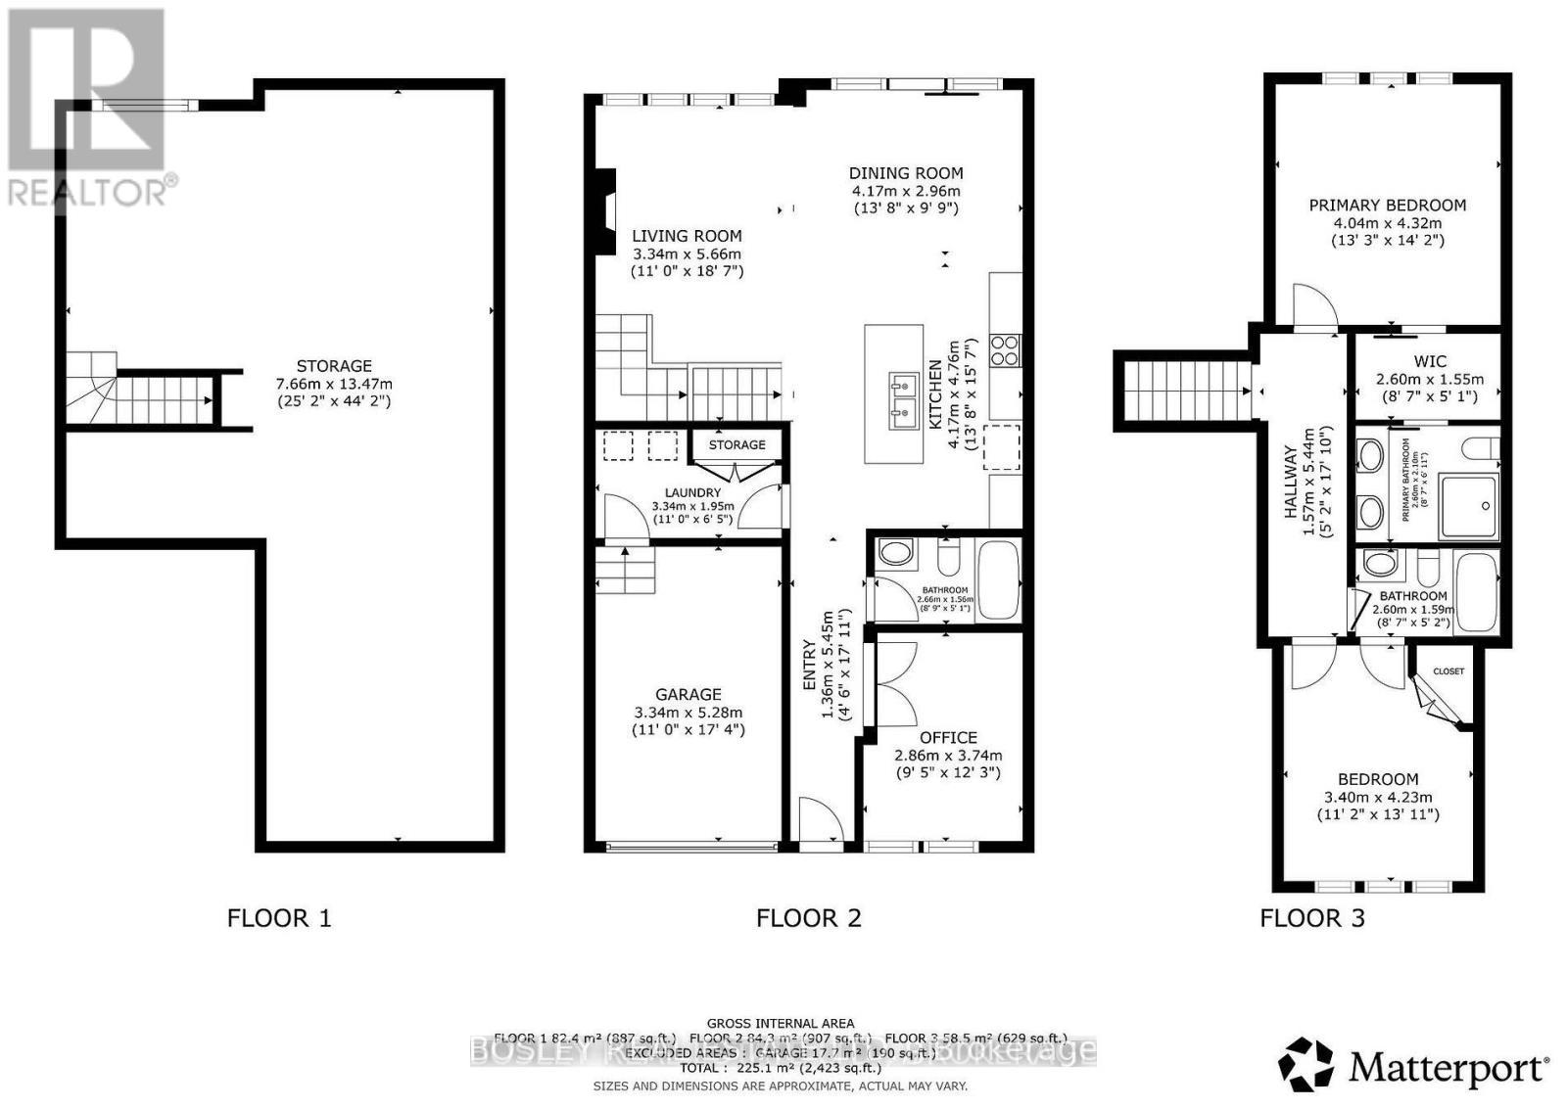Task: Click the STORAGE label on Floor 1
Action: [334, 366]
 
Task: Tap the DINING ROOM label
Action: [905, 173]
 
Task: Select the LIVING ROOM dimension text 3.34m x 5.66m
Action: [686, 254]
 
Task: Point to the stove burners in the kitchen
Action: [1006, 349]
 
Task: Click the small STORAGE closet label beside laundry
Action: [736, 444]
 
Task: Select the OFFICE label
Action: [947, 737]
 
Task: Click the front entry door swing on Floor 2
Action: [818, 819]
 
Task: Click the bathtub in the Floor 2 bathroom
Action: [999, 579]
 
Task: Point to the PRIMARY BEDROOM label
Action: [1387, 206]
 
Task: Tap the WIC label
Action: [1429, 361]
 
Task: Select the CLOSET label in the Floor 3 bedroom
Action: [1448, 671]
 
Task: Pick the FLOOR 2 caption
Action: [808, 918]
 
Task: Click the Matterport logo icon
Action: [1306, 1064]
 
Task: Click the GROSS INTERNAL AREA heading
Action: [780, 1023]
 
